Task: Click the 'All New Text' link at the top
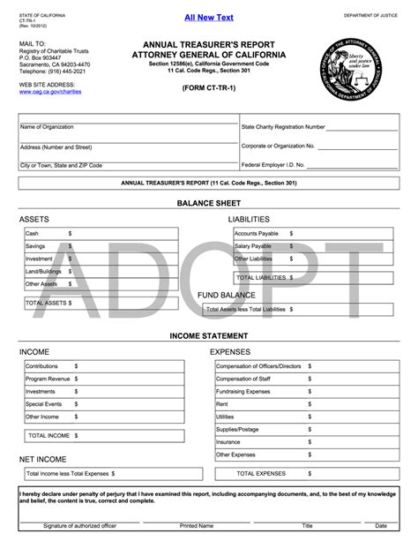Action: coord(208,18)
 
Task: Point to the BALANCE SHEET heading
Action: coord(208,202)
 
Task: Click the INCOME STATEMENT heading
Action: coord(208,336)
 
